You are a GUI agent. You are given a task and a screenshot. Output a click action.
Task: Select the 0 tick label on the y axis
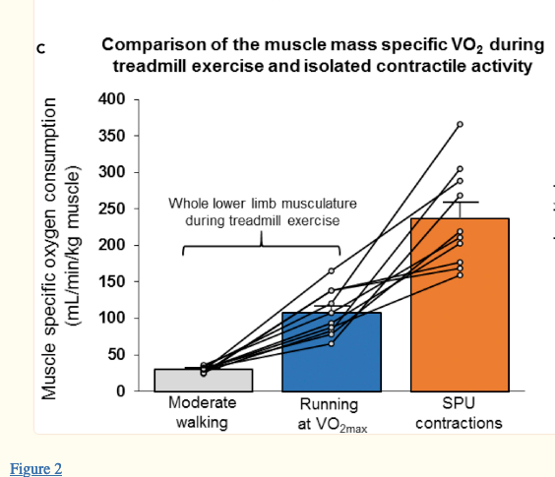point(121,391)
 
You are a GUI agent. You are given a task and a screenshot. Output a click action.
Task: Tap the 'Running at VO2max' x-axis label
point(330,415)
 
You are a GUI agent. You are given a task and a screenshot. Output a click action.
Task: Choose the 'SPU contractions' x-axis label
point(459,412)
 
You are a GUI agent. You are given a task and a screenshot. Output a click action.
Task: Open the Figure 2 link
point(35,468)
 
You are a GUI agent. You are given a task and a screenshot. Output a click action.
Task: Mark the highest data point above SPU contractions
point(460,124)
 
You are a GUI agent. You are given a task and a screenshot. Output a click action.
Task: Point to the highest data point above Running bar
point(332,270)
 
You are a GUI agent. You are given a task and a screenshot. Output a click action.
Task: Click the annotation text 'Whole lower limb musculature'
point(262,204)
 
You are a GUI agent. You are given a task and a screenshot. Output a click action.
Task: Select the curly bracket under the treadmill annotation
point(262,241)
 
